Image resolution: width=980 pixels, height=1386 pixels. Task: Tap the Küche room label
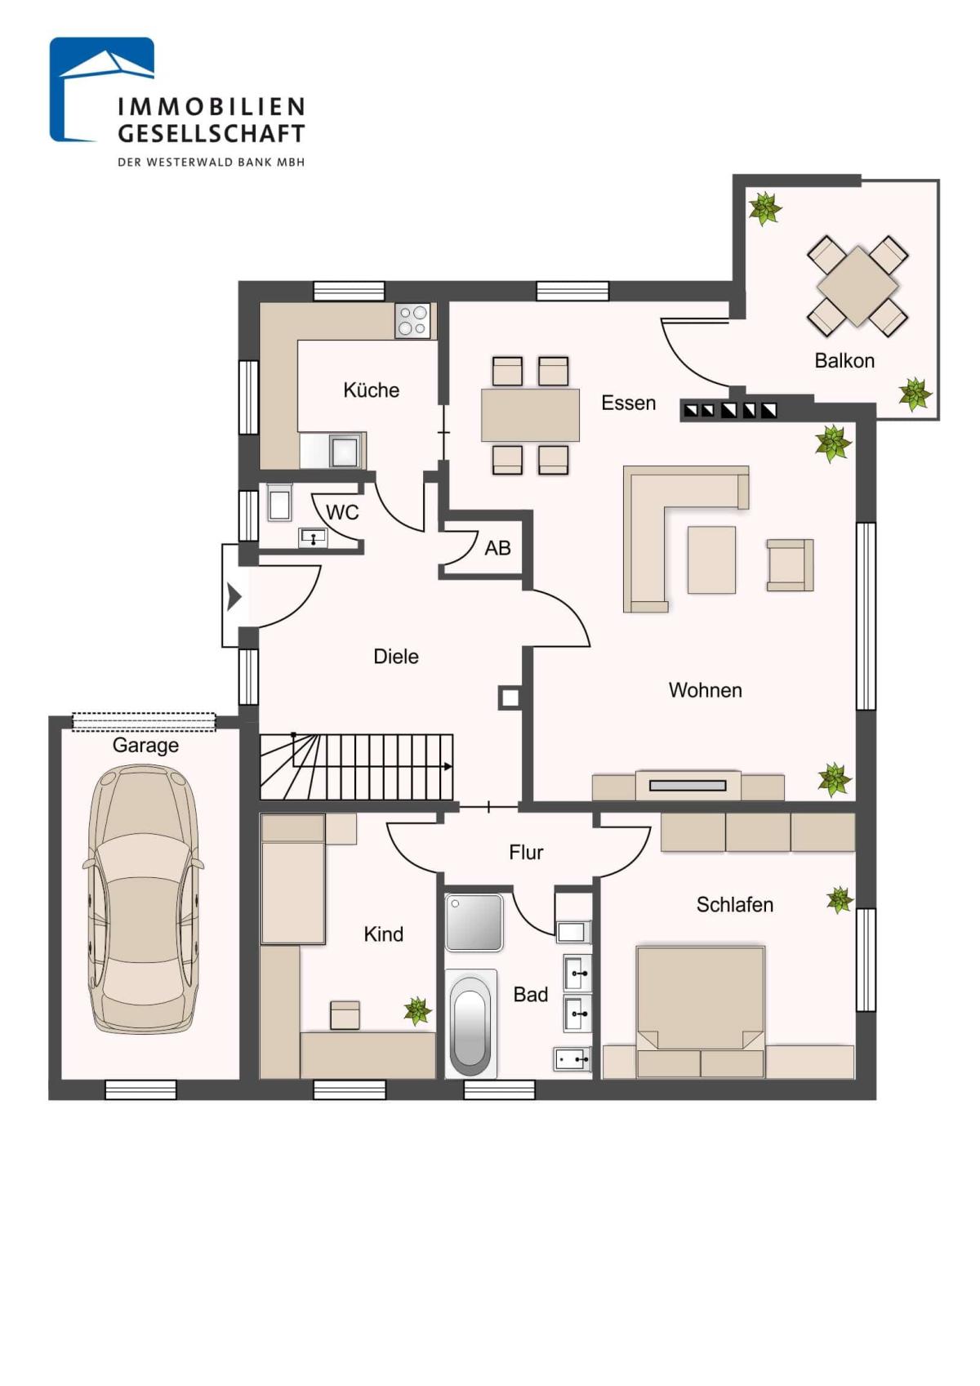click(x=372, y=390)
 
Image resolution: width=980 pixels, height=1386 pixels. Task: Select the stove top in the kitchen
click(x=412, y=321)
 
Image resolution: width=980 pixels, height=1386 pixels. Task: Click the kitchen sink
click(x=344, y=450)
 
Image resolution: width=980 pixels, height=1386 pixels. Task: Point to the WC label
click(x=343, y=512)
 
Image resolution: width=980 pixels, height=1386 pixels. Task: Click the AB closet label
click(x=497, y=547)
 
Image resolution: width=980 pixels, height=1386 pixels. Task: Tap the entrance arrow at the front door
click(x=234, y=596)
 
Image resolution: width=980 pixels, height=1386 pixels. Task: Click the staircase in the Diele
click(x=356, y=767)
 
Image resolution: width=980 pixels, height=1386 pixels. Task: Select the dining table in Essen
click(x=530, y=415)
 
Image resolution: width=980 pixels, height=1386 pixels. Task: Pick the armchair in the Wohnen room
click(x=790, y=564)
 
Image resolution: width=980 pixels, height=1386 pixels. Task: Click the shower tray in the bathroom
click(x=474, y=922)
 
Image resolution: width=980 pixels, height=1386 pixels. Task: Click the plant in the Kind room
click(x=417, y=1011)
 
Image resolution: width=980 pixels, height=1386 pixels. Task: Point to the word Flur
click(x=526, y=853)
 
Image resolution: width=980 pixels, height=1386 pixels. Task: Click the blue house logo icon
click(x=102, y=90)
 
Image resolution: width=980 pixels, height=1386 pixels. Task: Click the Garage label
click(x=145, y=746)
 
